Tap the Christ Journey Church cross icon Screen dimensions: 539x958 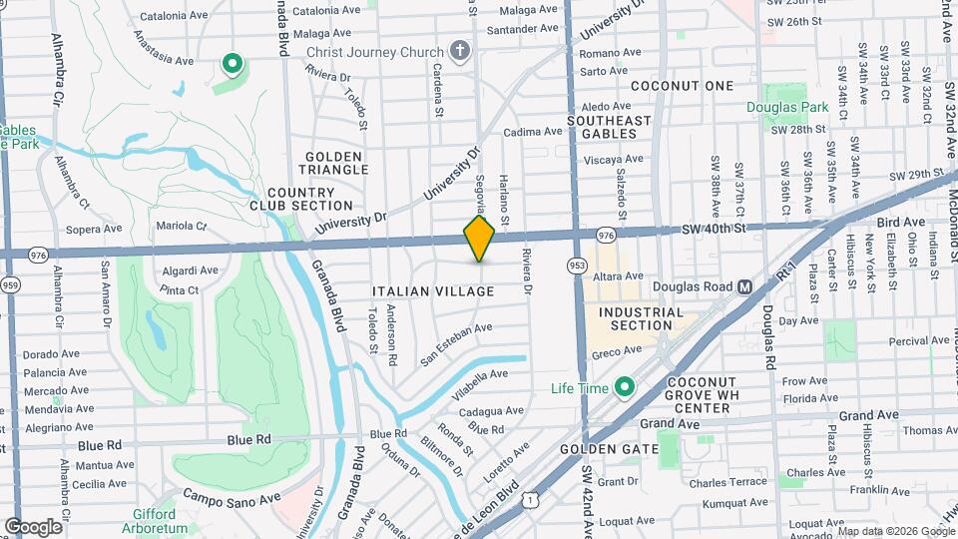tap(460, 51)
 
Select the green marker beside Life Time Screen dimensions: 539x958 tap(626, 386)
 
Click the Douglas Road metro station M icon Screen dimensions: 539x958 tap(744, 286)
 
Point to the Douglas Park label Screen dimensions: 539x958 tap(788, 108)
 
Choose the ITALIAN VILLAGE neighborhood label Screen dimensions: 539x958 tap(433, 291)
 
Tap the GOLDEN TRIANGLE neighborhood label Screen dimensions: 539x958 tap(336, 164)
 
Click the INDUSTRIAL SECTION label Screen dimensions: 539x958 tap(642, 318)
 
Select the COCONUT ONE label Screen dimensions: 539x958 tap(682, 86)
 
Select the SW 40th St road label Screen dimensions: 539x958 tap(715, 230)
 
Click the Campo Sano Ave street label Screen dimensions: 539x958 tap(231, 497)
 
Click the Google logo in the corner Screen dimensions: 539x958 tap(34, 526)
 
